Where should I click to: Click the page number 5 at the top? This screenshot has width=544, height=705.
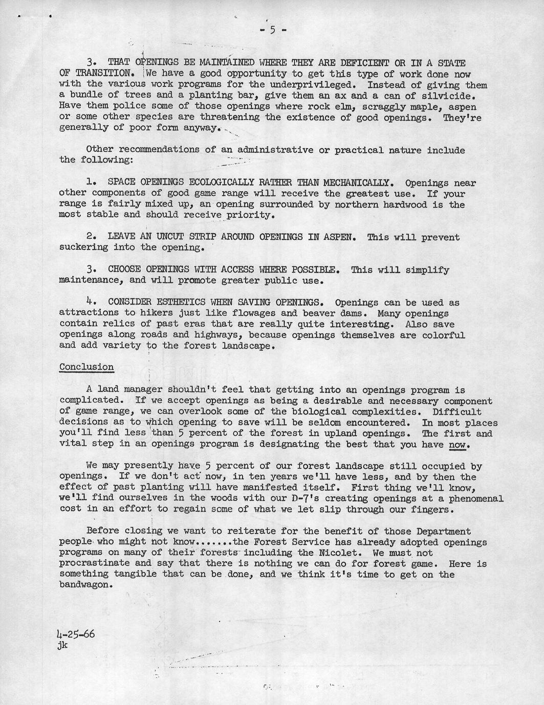click(x=272, y=30)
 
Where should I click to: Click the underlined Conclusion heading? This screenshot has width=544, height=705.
click(x=86, y=367)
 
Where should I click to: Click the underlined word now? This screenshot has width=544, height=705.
click(x=458, y=444)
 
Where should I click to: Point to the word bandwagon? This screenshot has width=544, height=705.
click(x=83, y=585)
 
